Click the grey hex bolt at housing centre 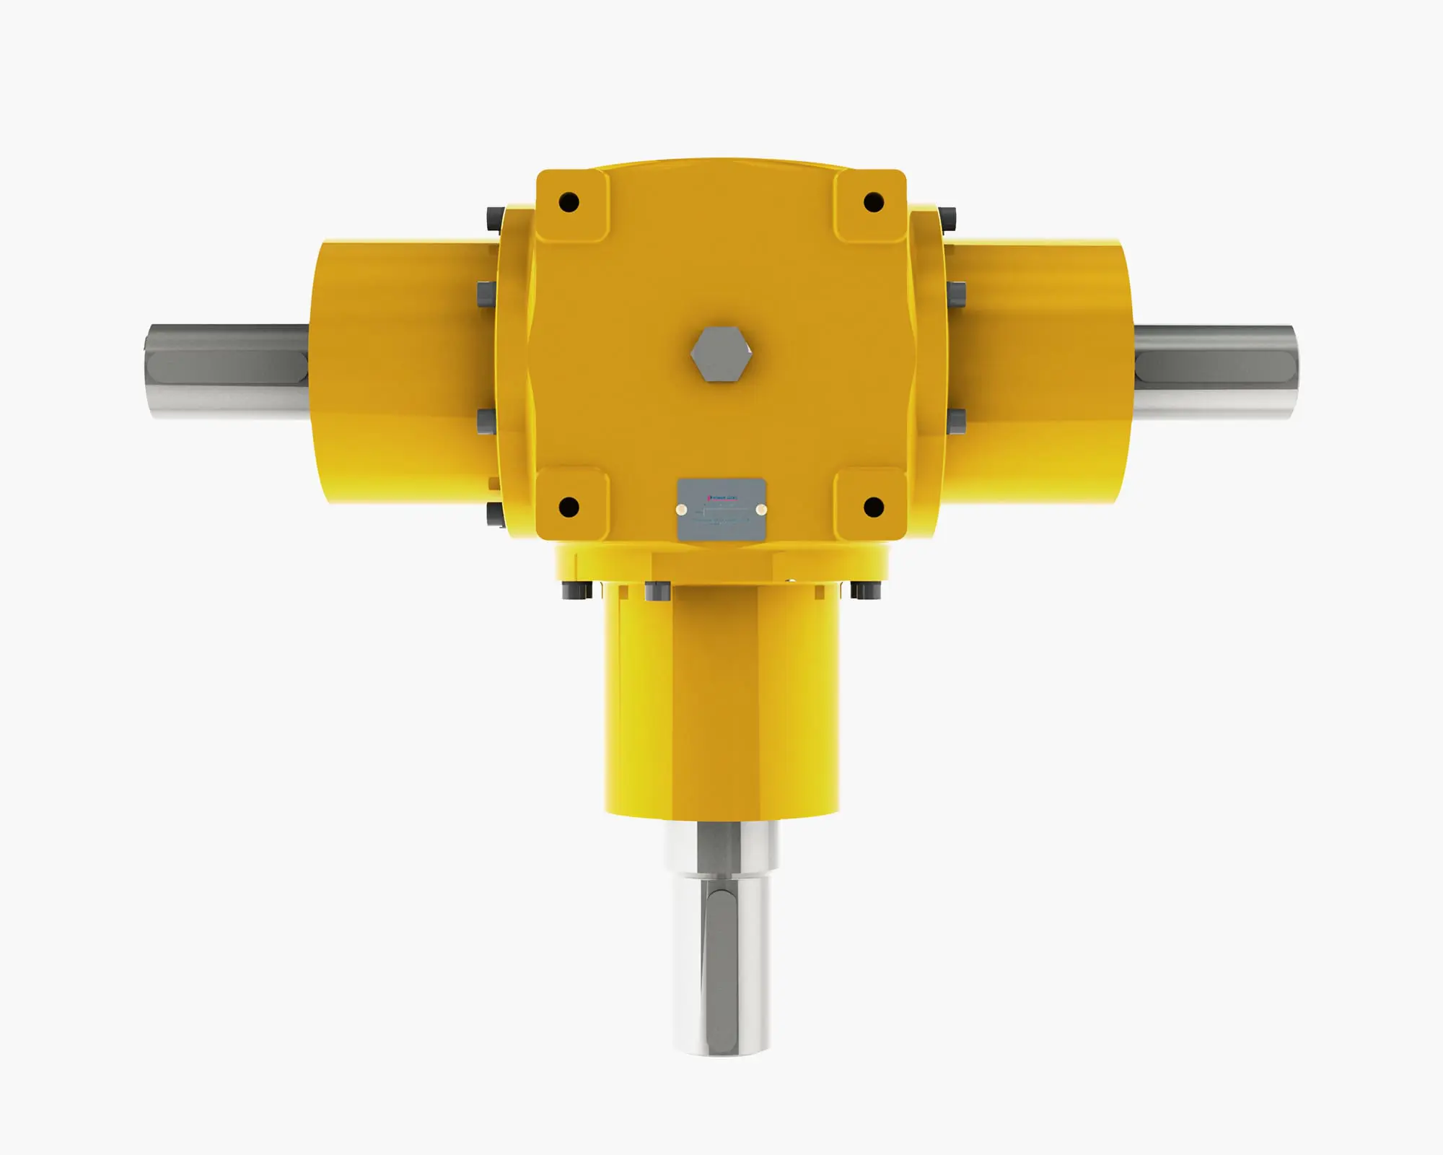pos(721,354)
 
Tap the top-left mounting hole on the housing pos(569,201)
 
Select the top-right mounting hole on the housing pos(874,201)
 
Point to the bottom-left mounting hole pos(569,506)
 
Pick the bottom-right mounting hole pos(874,506)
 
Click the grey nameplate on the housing pos(721,509)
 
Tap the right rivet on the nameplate pos(760,510)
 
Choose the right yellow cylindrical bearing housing pos(1039,372)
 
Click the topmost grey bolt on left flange pos(495,217)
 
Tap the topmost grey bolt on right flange pos(948,217)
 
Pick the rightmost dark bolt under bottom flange pos(864,590)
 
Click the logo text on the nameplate pos(721,497)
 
